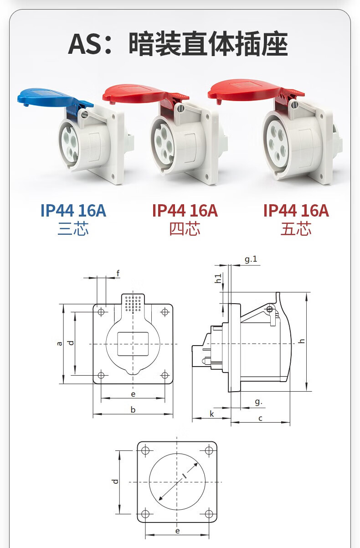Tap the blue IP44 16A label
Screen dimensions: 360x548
pos(73,210)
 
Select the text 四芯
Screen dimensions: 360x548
pos(185,229)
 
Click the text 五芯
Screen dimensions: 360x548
pos(296,229)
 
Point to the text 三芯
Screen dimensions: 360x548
pos(73,229)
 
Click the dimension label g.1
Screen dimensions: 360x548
pos(251,259)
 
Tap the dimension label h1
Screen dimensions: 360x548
pos(218,279)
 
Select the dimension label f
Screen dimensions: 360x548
pos(118,273)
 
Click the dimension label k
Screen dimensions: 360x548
pos(212,414)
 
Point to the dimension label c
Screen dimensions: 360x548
pos(260,419)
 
